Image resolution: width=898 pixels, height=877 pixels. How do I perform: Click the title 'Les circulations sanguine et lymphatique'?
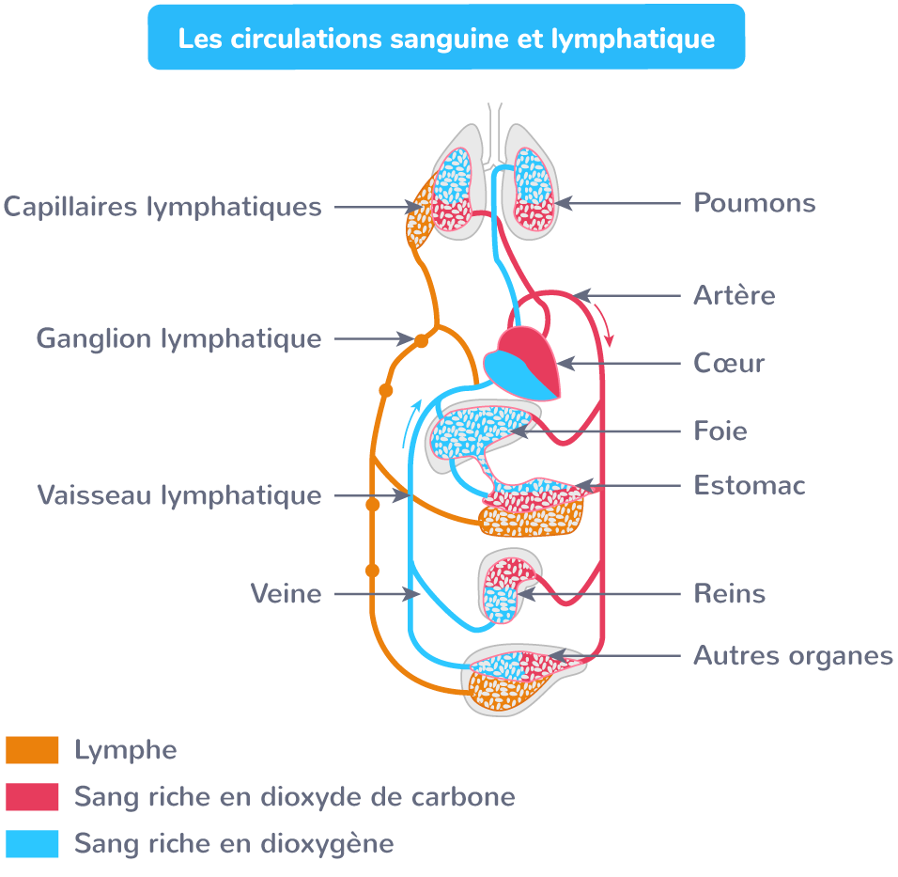click(446, 39)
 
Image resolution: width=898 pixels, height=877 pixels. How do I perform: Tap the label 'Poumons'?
click(754, 203)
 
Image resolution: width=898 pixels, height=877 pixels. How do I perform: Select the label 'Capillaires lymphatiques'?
click(163, 207)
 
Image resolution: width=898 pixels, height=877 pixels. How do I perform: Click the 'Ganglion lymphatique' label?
click(178, 338)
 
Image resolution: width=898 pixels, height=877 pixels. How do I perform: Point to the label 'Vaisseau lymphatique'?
click(179, 494)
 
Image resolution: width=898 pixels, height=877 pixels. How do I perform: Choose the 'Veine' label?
click(286, 594)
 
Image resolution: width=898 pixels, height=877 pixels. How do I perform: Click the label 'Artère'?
click(735, 295)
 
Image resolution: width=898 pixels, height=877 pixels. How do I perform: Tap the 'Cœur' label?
click(729, 363)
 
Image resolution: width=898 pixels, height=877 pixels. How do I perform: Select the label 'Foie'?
click(720, 431)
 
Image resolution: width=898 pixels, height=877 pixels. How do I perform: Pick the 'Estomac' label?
click(750, 486)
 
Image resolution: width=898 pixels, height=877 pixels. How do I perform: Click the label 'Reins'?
click(729, 594)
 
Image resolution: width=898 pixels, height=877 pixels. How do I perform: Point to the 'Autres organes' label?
click(793, 655)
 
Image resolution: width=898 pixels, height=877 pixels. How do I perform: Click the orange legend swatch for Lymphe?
click(32, 750)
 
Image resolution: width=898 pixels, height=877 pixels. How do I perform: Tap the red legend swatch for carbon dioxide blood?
click(32, 797)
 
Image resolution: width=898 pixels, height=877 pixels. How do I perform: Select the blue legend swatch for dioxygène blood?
click(32, 843)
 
